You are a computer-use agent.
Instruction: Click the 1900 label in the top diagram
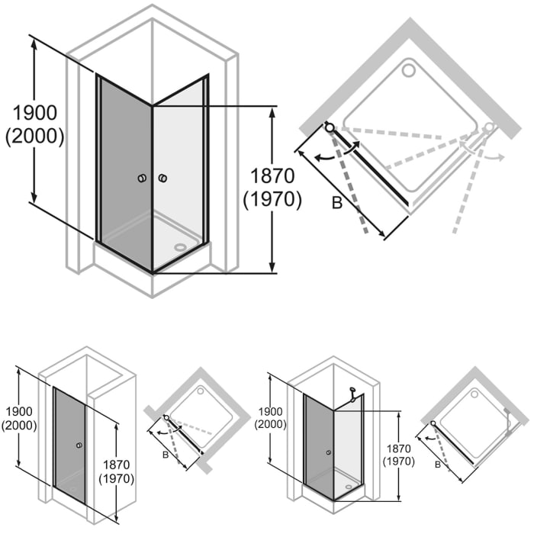[x=34, y=113]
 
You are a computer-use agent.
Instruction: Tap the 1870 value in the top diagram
[x=272, y=175]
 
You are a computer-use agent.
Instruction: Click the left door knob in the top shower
[x=141, y=179]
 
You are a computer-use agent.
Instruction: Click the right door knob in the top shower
[x=162, y=179]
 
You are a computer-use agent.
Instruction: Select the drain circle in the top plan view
[x=408, y=71]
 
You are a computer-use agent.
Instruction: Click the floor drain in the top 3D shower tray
[x=180, y=246]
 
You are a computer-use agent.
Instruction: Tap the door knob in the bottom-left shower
[x=79, y=445]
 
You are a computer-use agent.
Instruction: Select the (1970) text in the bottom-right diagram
[x=400, y=462]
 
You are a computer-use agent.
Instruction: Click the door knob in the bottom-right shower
[x=328, y=452]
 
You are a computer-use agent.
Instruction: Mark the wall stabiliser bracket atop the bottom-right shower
[x=352, y=392]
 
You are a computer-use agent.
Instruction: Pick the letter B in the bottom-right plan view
[x=438, y=464]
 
